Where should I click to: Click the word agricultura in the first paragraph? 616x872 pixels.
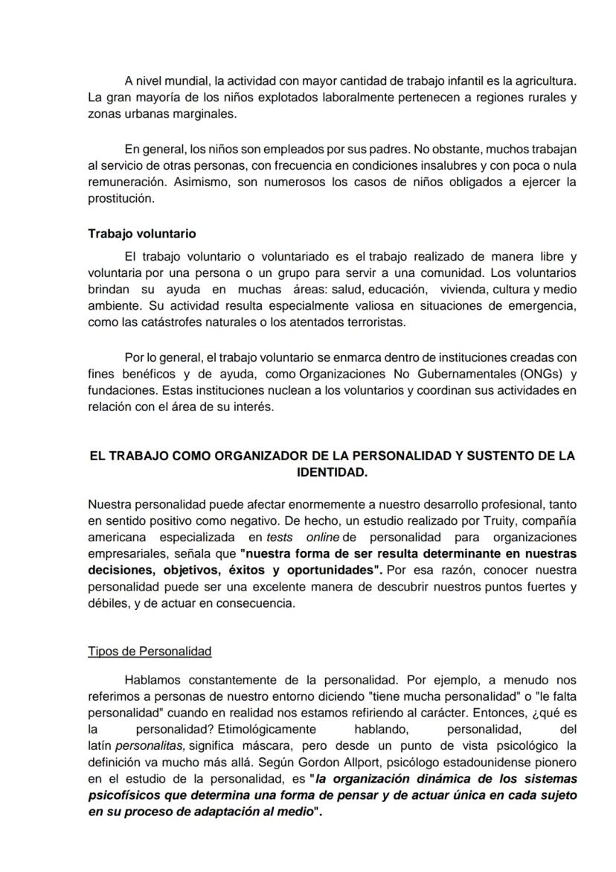coord(545,80)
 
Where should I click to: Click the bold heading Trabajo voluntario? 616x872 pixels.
coord(142,234)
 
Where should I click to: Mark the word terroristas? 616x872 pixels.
coord(372,322)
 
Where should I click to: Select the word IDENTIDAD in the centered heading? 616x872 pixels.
coord(331,472)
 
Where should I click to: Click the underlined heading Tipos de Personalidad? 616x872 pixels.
coord(150,652)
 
